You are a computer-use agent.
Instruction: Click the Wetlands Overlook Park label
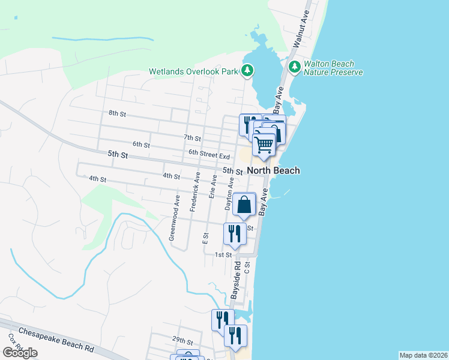pyautogui.click(x=194, y=71)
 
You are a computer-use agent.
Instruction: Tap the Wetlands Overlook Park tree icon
pyautogui.click(x=247, y=71)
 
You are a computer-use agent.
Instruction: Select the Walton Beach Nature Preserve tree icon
pyautogui.click(x=295, y=67)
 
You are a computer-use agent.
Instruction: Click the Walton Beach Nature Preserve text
pyautogui.click(x=333, y=68)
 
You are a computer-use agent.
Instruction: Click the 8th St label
pyautogui.click(x=117, y=113)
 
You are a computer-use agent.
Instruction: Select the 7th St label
pyautogui.click(x=192, y=137)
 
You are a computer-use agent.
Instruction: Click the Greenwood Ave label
pyautogui.click(x=174, y=217)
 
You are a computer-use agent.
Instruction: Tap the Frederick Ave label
pyautogui.click(x=193, y=192)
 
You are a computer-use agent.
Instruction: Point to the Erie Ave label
pyautogui.click(x=212, y=187)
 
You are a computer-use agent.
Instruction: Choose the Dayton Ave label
pyautogui.click(x=229, y=193)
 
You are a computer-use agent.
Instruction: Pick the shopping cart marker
pyautogui.click(x=264, y=145)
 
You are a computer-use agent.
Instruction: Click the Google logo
pyautogui.click(x=20, y=353)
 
